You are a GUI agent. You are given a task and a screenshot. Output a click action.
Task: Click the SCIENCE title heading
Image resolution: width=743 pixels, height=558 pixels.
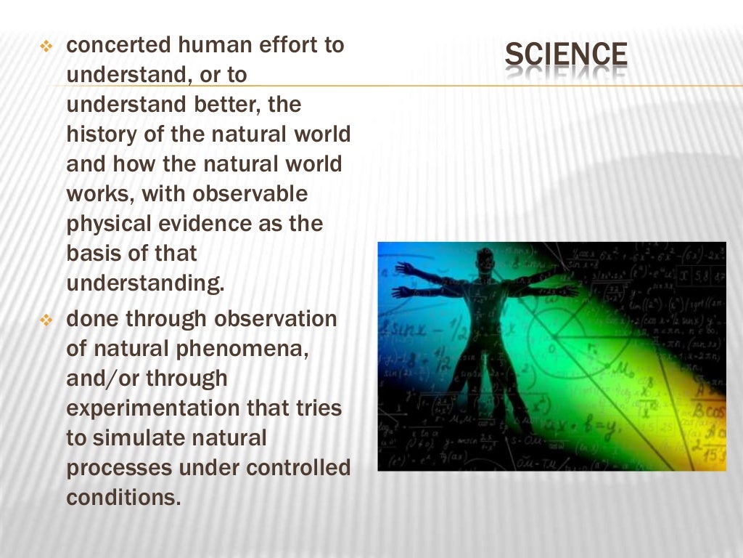pyautogui.click(x=566, y=56)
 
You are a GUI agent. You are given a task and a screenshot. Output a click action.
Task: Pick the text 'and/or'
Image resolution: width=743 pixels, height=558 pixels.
pyautogui.click(x=102, y=379)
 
